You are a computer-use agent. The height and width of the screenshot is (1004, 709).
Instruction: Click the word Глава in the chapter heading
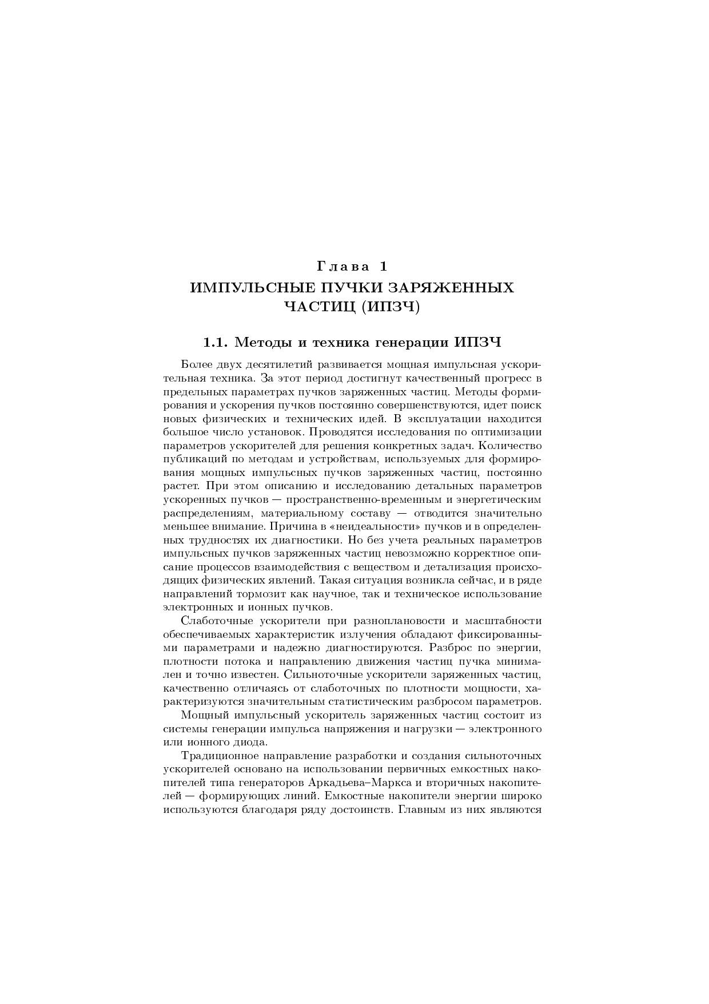(x=341, y=266)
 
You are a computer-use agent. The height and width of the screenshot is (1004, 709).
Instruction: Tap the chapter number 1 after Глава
(x=383, y=266)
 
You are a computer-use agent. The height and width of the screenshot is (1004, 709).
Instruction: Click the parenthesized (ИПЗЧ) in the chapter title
(x=393, y=307)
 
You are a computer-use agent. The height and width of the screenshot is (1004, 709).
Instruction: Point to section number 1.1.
(x=216, y=343)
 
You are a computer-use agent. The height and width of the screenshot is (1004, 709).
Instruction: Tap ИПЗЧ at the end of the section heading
(x=478, y=343)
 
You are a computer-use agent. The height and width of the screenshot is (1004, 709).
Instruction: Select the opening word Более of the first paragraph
(x=196, y=364)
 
